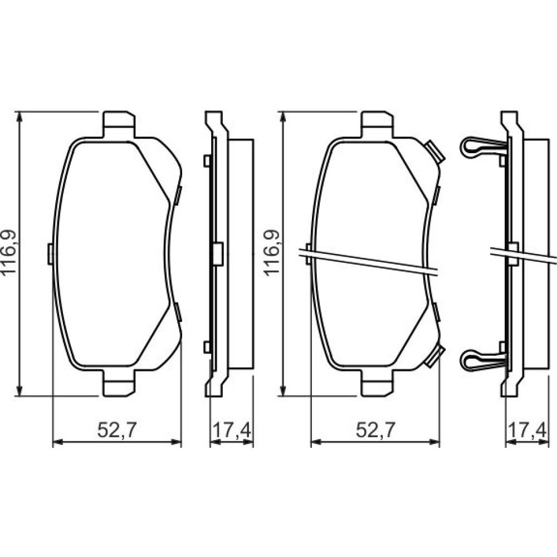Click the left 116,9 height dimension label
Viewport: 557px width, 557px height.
pyautogui.click(x=8, y=252)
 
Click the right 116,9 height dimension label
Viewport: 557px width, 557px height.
pyautogui.click(x=271, y=252)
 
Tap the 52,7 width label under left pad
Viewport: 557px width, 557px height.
pyautogui.click(x=117, y=431)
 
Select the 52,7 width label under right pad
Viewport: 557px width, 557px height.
pyautogui.click(x=375, y=431)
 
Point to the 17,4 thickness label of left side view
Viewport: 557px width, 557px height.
pyautogui.click(x=232, y=431)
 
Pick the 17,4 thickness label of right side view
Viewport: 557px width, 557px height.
pyautogui.click(x=527, y=431)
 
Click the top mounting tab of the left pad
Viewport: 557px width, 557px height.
pyautogui.click(x=119, y=124)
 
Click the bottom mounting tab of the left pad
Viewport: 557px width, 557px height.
pyautogui.click(x=119, y=383)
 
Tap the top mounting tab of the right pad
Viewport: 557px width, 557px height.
pyautogui.click(x=377, y=124)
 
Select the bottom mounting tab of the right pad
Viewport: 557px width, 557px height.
pyautogui.click(x=377, y=383)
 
